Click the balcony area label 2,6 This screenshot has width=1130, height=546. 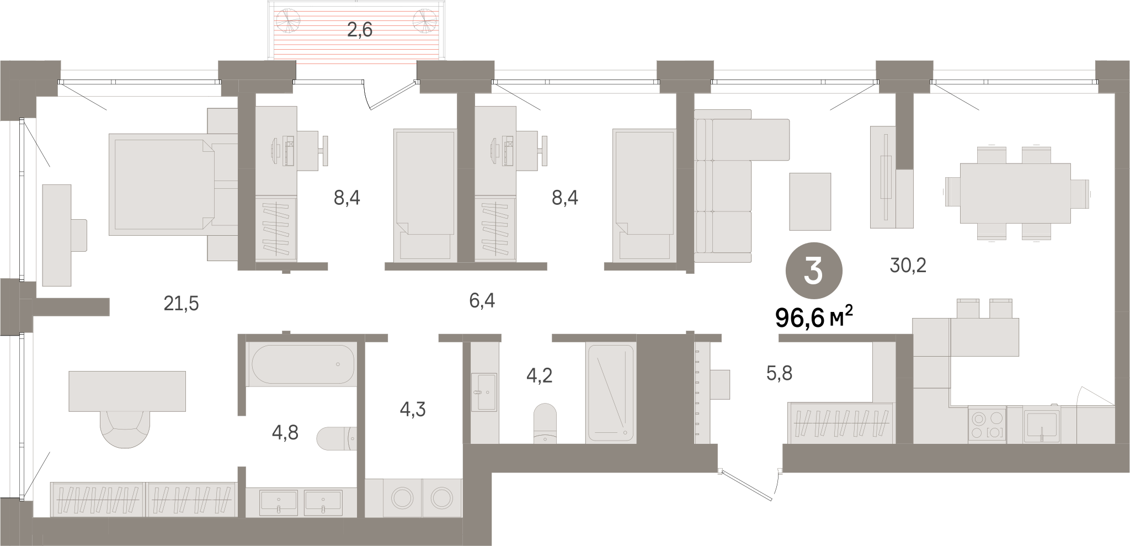pos(359,29)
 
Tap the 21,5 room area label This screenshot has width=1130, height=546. pos(181,303)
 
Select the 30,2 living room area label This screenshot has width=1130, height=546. pos(908,266)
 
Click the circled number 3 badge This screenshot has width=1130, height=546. pos(814,274)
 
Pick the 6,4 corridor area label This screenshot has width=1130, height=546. pos(481,301)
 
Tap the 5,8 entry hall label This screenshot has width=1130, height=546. pos(779,374)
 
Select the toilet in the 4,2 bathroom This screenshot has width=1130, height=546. pos(545,423)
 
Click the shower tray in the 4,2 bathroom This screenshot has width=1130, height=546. pos(611,393)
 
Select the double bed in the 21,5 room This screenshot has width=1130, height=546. pos(162,184)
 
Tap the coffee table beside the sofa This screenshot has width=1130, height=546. pos(810,201)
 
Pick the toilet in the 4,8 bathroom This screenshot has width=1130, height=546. pos(337,438)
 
